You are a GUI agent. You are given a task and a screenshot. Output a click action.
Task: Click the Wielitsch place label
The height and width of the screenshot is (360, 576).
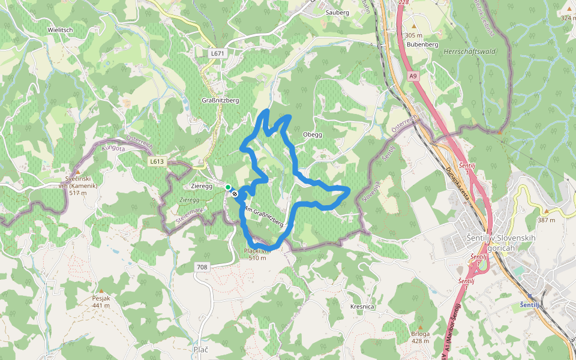61,29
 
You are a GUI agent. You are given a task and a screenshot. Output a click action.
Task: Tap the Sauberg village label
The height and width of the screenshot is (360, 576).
337,12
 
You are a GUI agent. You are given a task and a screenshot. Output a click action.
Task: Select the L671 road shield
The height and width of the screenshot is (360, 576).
217,53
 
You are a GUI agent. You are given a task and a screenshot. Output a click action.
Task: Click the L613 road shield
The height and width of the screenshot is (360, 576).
157,161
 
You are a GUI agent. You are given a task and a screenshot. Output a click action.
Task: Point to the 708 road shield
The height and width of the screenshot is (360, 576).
202,266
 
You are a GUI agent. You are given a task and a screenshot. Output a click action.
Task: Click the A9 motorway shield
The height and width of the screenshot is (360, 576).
413,76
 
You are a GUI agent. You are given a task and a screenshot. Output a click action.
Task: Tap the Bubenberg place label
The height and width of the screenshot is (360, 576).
422,44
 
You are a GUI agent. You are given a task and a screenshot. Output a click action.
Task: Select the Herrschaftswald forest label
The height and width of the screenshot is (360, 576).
469,52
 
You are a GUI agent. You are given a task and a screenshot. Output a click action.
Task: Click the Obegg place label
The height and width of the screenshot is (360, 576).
313,134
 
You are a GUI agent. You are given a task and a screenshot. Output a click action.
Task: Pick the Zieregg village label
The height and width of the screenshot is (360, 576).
202,187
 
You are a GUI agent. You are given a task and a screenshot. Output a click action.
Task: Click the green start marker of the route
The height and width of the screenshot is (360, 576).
228,188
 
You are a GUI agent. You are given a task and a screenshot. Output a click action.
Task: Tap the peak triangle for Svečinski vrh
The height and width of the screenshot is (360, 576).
77,172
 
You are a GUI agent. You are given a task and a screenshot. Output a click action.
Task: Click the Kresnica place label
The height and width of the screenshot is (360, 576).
362,307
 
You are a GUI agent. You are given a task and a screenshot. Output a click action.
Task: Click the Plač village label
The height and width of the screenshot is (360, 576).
201,349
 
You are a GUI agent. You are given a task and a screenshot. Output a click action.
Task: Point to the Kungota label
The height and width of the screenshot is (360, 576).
113,147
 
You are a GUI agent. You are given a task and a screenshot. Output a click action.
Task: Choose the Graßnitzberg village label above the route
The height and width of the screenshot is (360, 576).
220,100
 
